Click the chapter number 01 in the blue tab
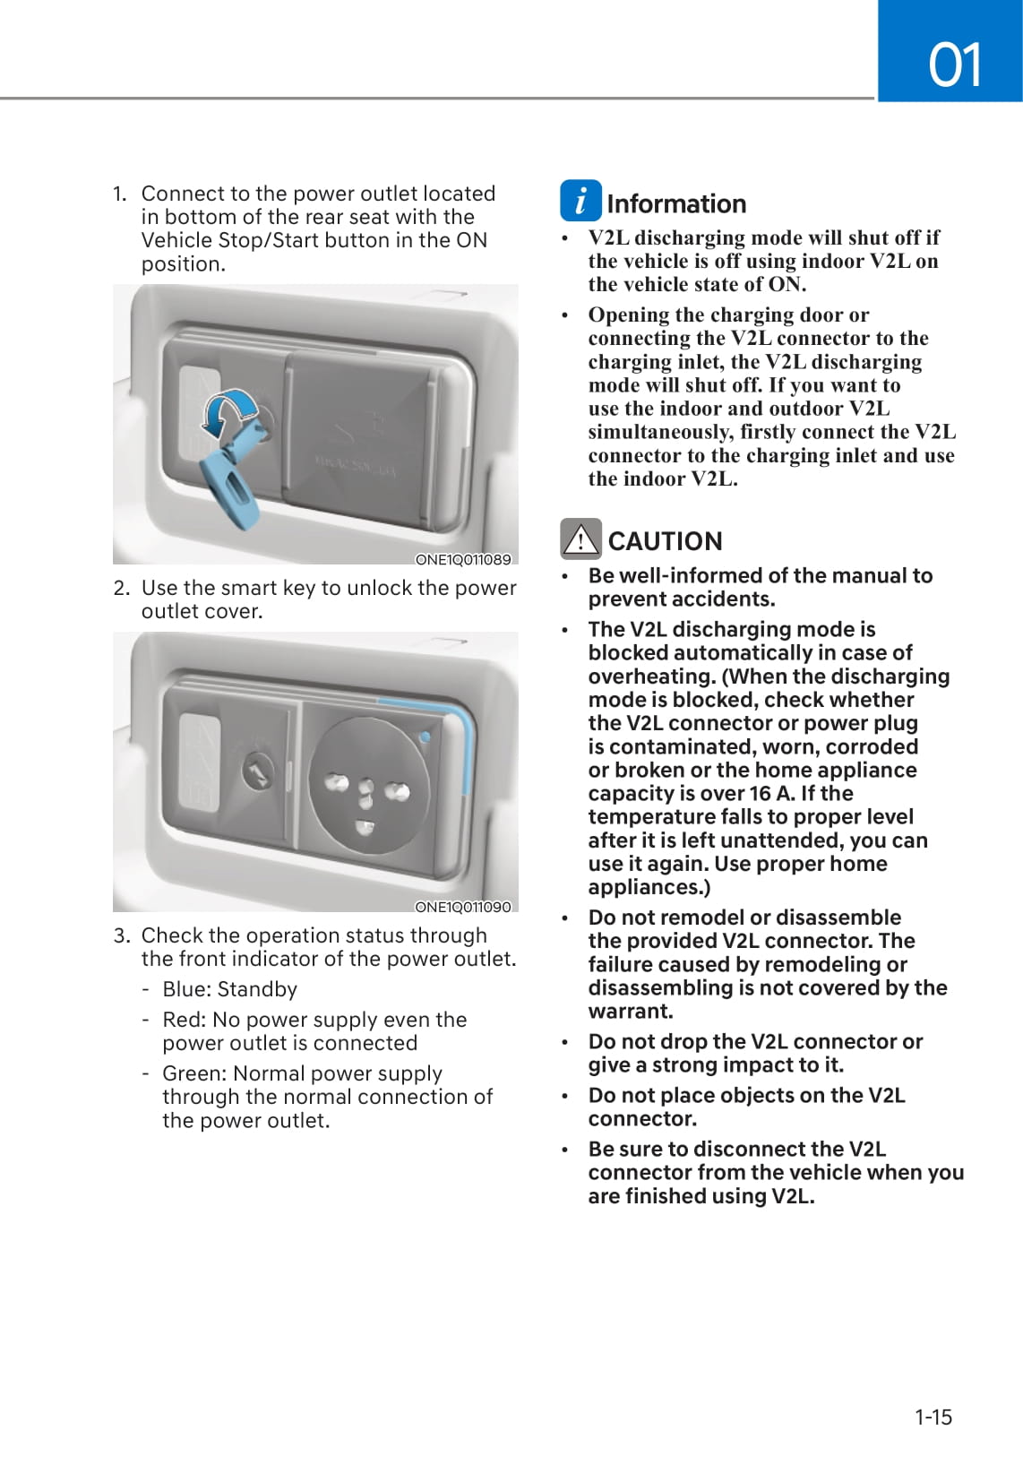point(955,65)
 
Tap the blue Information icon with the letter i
point(580,201)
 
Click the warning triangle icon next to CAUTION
point(580,539)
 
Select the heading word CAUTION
point(665,541)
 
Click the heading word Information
point(675,204)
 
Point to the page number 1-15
point(933,1417)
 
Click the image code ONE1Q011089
point(462,559)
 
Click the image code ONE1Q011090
point(462,907)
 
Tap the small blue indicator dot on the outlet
point(425,737)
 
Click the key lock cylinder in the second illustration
point(259,771)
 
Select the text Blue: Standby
point(229,989)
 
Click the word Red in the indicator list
point(182,1020)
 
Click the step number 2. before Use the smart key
point(122,588)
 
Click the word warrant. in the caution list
point(631,1012)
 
